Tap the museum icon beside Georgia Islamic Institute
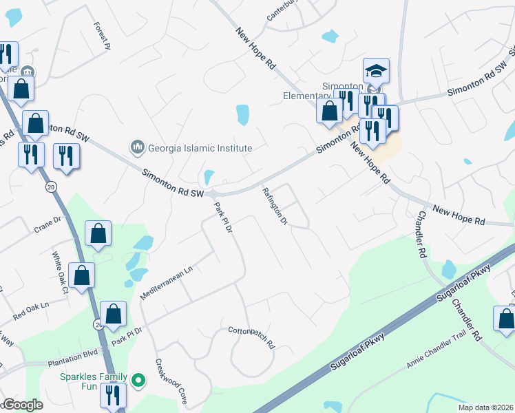pos(136,147)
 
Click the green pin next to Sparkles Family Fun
pos(138,380)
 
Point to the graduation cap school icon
pos(376,72)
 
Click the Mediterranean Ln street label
pos(167,283)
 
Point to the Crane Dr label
pos(48,224)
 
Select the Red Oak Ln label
pos(31,310)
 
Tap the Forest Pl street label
pos(101,36)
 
